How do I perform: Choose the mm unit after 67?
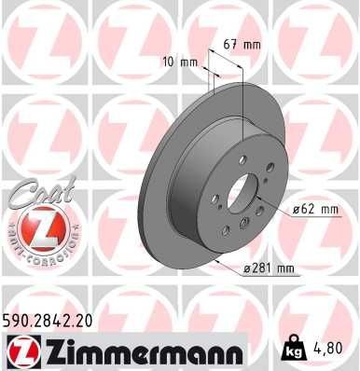tap(253, 43)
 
